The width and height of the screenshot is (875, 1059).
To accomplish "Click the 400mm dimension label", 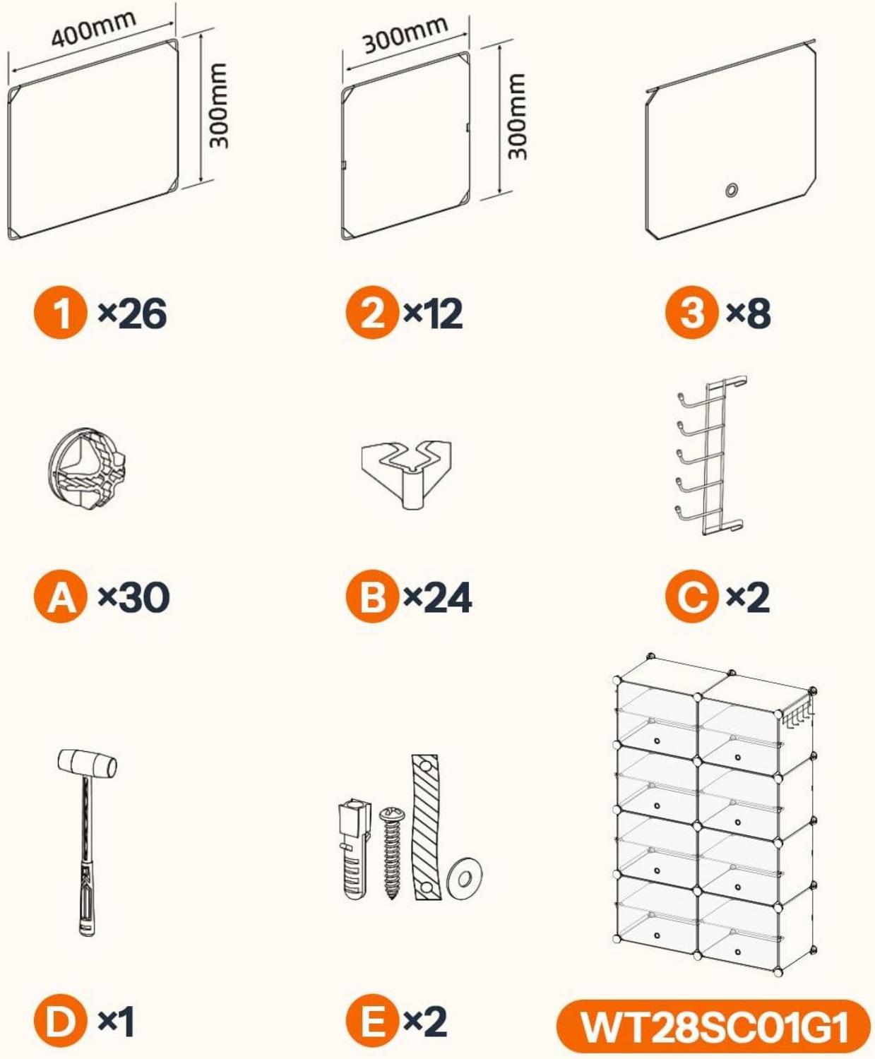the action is click(x=94, y=28).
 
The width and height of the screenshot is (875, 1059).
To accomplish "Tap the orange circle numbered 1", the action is click(x=60, y=313).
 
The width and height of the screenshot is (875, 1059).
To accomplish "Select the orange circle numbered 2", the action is click(x=371, y=313).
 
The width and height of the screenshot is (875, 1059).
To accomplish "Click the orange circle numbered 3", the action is click(x=692, y=313).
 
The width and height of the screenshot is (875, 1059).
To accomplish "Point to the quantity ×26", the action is click(x=132, y=313).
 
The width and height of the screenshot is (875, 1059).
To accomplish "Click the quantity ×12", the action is click(x=433, y=313).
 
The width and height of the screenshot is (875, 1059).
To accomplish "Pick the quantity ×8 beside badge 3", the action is click(x=748, y=313).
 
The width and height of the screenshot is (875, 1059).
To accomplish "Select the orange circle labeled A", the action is click(x=60, y=597).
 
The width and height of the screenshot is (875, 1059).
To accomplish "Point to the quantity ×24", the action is click(x=437, y=597).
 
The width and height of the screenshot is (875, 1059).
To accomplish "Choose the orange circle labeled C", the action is click(x=692, y=597).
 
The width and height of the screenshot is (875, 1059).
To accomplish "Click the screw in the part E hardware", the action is click(x=392, y=853).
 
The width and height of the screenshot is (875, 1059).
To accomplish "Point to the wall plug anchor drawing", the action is click(x=355, y=849).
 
